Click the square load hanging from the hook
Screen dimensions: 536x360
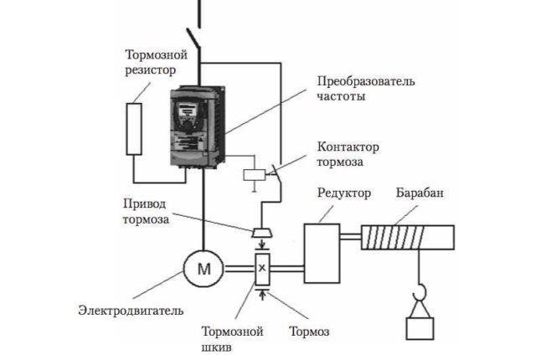(x=420, y=328)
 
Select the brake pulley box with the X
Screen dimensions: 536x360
(x=262, y=269)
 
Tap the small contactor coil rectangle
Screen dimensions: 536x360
(x=255, y=175)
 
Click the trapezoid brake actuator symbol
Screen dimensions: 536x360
(x=262, y=234)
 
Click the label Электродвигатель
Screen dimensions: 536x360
(x=131, y=311)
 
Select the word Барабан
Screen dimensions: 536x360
(x=420, y=193)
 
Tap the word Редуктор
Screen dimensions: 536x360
(x=344, y=193)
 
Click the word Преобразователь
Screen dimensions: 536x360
(x=366, y=81)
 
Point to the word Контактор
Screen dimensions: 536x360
(x=348, y=147)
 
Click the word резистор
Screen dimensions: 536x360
(x=151, y=70)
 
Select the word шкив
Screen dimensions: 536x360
(x=216, y=347)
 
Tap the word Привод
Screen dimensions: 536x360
(x=145, y=204)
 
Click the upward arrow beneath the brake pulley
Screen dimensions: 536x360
(x=262, y=295)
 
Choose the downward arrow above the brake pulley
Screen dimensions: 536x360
(x=262, y=244)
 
